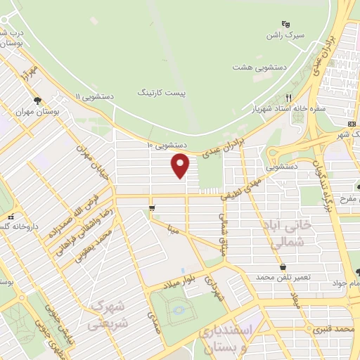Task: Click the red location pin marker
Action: pyautogui.click(x=181, y=165)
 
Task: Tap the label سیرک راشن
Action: pyautogui.click(x=284, y=34)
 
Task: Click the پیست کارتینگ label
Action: pyautogui.click(x=157, y=93)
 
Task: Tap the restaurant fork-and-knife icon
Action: pyautogui.click(x=288, y=98)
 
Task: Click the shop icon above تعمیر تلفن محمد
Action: pyautogui.click(x=283, y=267)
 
